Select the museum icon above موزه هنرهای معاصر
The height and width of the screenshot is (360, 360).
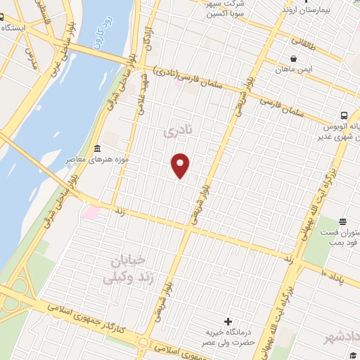coord(97,149)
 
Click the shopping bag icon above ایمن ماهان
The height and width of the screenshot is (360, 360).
coord(295,58)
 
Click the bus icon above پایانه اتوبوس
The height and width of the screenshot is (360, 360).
coord(345,115)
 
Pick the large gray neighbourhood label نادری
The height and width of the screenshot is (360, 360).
coord(172,132)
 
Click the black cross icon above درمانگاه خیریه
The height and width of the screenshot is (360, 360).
coord(228,320)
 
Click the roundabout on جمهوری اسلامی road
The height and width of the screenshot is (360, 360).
coord(143,342)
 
